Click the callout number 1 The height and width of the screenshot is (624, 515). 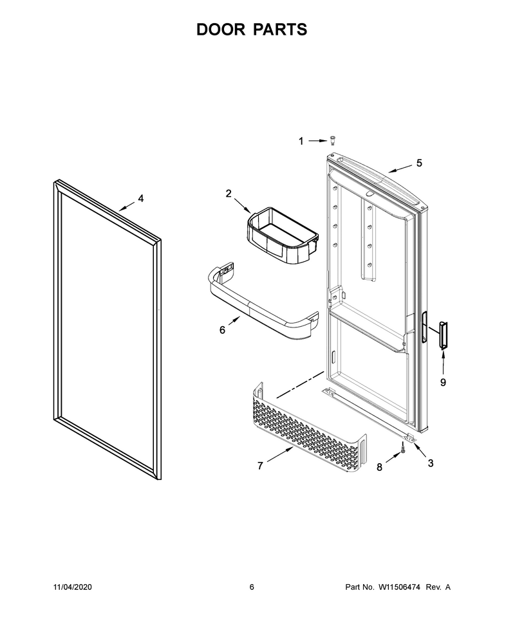tap(301, 141)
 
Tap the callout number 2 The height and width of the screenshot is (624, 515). tap(229, 194)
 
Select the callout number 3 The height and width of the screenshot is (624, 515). tap(431, 463)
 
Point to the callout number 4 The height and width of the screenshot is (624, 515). tap(141, 198)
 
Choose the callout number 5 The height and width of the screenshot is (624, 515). tap(419, 163)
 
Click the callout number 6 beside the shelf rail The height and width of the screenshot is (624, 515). tap(222, 330)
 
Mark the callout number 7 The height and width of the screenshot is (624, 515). tap(260, 465)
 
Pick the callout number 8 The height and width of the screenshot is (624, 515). tap(379, 467)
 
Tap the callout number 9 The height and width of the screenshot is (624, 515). tap(443, 382)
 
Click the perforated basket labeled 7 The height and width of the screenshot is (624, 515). tap(309, 428)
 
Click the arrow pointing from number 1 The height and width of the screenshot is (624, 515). tap(317, 140)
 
